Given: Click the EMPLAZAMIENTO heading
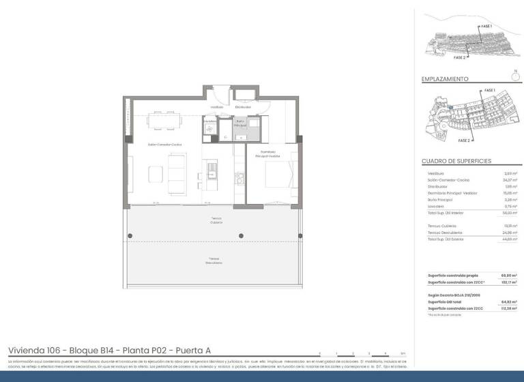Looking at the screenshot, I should click(x=445, y=79).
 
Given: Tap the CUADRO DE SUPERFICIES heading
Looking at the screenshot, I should click(x=456, y=161).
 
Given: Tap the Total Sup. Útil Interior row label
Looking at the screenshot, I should click(x=446, y=213).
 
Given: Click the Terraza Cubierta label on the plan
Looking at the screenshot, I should click(x=216, y=220).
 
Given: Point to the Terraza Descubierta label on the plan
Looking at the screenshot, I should click(x=214, y=260).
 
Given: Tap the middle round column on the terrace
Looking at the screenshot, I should click(x=241, y=236).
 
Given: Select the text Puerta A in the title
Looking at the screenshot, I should click(x=177, y=350).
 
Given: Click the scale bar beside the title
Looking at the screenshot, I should click(x=362, y=352).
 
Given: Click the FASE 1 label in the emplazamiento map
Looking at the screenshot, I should click(x=489, y=90).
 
